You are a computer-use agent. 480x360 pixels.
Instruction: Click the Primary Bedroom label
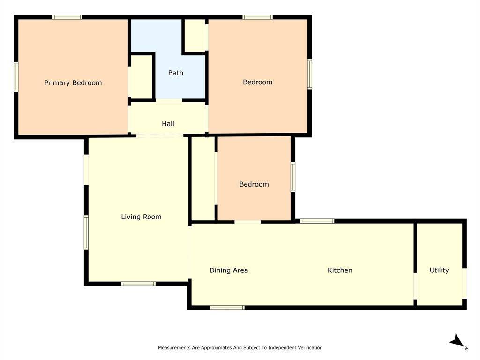point(73,83)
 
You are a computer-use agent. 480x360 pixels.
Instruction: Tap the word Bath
point(176,73)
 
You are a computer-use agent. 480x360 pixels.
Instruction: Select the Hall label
point(168,124)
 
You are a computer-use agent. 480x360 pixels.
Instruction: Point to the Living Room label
point(141,217)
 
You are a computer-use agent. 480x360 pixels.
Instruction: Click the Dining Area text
point(229,270)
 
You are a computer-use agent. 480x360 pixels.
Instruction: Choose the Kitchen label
point(340,270)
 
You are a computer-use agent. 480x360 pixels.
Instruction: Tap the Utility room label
point(439,270)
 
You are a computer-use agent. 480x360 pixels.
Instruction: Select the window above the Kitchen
point(317,221)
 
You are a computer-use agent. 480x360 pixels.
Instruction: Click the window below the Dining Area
point(227,307)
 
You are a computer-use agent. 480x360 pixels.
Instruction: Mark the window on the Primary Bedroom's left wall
point(16,77)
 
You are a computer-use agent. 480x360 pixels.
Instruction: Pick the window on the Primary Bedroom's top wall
point(67,17)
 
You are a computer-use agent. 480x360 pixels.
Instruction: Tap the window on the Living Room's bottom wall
point(138,284)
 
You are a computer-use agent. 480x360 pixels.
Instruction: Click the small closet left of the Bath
point(141,77)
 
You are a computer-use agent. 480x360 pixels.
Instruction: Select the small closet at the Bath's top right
point(195,36)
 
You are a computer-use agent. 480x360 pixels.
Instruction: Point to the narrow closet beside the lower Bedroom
point(203,179)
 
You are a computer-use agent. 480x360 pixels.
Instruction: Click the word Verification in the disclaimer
point(311,348)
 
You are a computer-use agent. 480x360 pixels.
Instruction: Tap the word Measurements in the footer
point(174,348)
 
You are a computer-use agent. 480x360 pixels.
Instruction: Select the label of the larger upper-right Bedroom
point(257,82)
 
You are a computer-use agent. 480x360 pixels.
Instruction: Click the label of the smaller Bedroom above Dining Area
point(254,184)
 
